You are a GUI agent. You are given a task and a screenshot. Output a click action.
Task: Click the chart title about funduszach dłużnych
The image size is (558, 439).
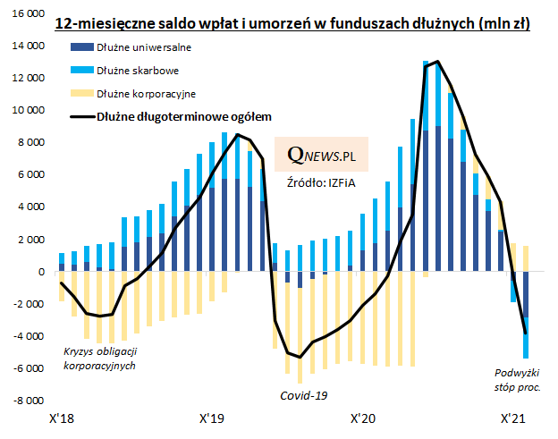[x=292, y=23]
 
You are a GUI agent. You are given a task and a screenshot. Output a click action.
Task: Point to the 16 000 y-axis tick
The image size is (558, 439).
[x=25, y=13]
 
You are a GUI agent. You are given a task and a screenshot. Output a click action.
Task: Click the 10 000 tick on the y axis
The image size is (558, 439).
[x=25, y=110]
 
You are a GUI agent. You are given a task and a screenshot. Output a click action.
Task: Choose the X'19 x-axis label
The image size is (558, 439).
[x=211, y=418]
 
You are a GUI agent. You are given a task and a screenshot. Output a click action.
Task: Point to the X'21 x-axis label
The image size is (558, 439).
[x=511, y=418]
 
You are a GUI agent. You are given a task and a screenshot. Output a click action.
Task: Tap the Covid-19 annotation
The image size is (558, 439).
[x=305, y=394]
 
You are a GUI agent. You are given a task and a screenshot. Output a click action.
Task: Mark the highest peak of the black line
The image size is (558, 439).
[x=437, y=62]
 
